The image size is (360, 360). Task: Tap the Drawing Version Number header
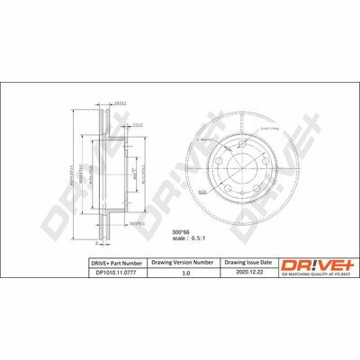186,263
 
